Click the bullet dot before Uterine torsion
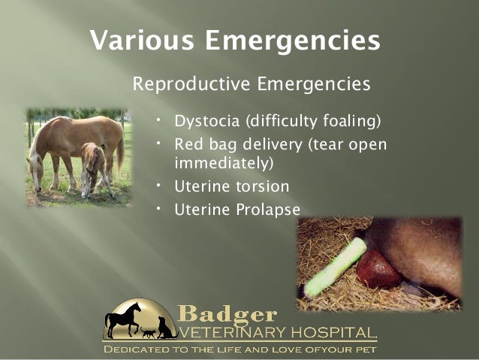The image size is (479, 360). (x=160, y=184)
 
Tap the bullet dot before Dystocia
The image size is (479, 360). (x=160, y=119)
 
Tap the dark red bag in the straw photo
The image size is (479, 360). (x=380, y=271)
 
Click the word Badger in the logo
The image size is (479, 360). (x=227, y=314)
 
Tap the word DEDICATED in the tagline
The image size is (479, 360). (x=142, y=349)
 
